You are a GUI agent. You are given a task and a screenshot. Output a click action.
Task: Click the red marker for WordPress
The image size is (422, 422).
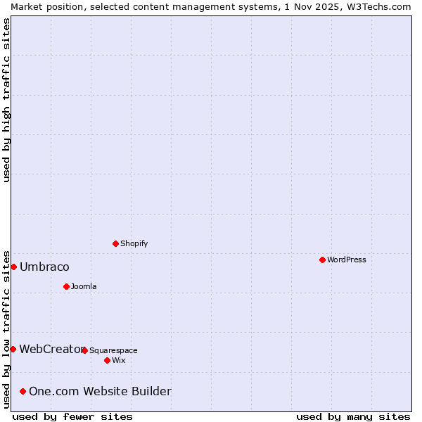tap(322, 260)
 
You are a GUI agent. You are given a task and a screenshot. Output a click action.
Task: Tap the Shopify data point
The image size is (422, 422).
tap(115, 243)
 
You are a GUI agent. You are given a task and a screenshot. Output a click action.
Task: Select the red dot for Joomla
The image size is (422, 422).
tap(66, 286)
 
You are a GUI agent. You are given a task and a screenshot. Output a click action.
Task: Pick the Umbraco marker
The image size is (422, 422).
tap(13, 267)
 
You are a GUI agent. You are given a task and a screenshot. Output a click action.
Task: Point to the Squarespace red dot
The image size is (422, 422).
tap(84, 350)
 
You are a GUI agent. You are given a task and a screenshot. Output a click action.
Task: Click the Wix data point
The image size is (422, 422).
tap(107, 360)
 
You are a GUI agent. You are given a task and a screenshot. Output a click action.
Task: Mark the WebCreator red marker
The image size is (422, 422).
tap(13, 349)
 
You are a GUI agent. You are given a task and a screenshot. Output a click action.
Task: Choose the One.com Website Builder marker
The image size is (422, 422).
tap(23, 391)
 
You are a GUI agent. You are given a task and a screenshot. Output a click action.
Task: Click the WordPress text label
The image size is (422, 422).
tap(346, 260)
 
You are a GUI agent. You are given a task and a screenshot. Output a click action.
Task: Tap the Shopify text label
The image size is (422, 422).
tap(134, 243)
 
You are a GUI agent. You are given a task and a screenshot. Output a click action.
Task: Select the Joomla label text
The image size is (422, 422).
tap(84, 286)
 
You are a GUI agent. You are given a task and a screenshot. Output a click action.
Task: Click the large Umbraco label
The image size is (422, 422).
tap(44, 267)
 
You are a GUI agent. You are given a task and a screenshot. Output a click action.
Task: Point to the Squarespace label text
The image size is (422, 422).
tap(113, 350)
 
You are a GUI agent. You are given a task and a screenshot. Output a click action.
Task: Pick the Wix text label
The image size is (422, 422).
tap(118, 360)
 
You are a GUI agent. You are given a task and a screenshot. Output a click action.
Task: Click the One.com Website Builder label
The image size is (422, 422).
tap(100, 391)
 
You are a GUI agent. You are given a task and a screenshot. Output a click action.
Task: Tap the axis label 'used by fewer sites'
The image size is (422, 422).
tap(72, 416)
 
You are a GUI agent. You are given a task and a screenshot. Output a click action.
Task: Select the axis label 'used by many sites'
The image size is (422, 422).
tap(353, 416)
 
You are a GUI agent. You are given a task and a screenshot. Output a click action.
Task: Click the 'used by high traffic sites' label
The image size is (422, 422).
tap(6, 100)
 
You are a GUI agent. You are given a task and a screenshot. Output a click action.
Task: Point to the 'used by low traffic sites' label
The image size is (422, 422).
tap(6, 328)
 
